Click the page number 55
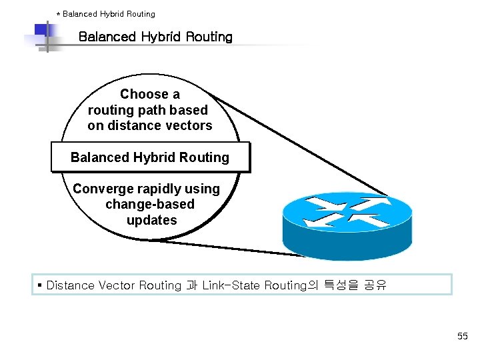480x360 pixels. point(463,337)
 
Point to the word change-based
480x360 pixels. point(150,204)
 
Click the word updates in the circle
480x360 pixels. point(151,220)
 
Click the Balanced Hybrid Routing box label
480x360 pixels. point(150,157)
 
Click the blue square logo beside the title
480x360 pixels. point(43,32)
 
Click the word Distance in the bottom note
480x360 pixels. point(71,285)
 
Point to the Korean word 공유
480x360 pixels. point(375,285)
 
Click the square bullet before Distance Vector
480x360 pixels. point(40,285)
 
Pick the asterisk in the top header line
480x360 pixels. point(58,14)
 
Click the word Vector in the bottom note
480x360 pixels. point(117,285)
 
